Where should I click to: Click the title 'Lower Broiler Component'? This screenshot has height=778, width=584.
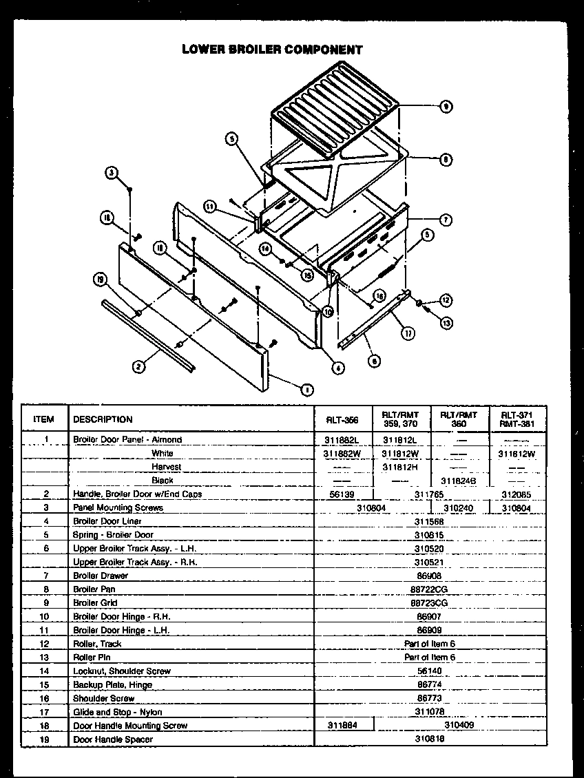[272, 50]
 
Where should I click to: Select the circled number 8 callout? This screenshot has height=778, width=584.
[446, 160]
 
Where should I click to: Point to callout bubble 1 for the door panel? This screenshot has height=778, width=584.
[306, 390]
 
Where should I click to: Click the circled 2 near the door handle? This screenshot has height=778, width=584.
[138, 366]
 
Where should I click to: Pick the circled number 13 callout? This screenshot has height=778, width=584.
[446, 322]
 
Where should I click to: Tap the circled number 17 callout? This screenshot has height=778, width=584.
[408, 333]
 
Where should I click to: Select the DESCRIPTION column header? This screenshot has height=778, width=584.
[103, 419]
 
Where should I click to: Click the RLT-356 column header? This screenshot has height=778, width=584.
[342, 419]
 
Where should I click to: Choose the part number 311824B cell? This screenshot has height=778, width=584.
[459, 480]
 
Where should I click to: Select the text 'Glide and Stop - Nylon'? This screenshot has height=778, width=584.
[118, 712]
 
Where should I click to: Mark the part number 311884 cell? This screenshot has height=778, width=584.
[342, 725]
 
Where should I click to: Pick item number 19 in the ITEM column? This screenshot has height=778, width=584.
[45, 739]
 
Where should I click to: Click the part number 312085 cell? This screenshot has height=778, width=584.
[517, 494]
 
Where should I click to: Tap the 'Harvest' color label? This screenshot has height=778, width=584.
[167, 467]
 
